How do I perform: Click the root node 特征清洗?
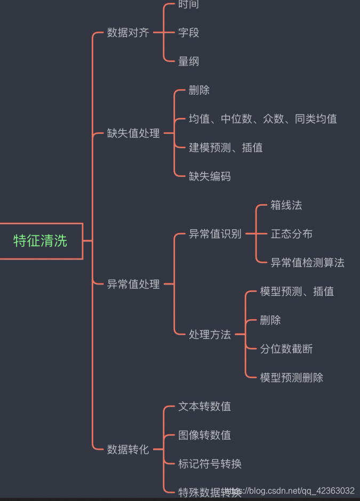tap(41, 241)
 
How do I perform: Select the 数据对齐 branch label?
tap(128, 33)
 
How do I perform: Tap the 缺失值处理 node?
tap(133, 133)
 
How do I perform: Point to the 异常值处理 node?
tap(133, 284)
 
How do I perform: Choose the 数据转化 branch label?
tap(128, 449)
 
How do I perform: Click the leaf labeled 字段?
tap(188, 33)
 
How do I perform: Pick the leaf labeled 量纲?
tap(188, 61)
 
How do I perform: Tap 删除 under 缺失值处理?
tap(199, 90)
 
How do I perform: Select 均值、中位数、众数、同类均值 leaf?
tap(262, 119)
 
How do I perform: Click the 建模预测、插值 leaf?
tap(226, 148)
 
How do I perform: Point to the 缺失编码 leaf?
tap(210, 176)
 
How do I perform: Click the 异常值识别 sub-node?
tap(215, 233)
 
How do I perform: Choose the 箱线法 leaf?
tap(286, 205)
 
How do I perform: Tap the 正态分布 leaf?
tap(292, 234)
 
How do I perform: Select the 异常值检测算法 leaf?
tap(308, 262)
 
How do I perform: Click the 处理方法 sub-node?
tap(210, 335)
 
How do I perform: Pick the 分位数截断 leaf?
tap(286, 349)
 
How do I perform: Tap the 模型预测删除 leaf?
tap(292, 378)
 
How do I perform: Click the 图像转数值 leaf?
tap(204, 435)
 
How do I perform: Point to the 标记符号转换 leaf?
tap(210, 464)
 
